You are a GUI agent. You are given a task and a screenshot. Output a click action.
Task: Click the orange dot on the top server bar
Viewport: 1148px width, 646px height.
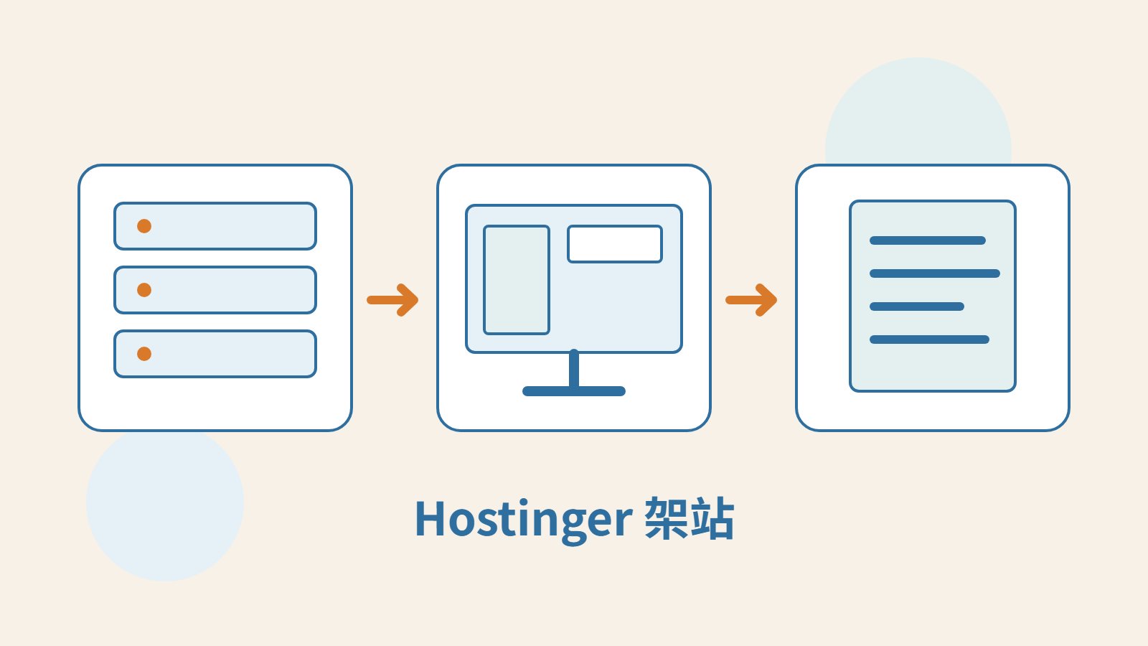[144, 226]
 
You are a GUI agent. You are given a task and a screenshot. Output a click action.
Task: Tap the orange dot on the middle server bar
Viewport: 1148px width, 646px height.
[144, 290]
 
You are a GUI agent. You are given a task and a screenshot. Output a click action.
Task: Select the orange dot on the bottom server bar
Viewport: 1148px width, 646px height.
[144, 354]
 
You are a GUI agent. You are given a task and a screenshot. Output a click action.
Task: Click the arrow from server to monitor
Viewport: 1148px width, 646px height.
[392, 300]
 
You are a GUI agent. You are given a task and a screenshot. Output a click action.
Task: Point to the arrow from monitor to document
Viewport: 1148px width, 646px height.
[751, 300]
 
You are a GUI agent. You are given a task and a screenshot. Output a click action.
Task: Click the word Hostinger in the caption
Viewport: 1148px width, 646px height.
[523, 520]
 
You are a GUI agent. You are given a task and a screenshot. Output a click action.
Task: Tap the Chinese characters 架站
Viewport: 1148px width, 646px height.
[690, 518]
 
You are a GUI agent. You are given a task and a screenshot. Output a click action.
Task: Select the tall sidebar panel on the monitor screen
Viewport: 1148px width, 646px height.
[517, 280]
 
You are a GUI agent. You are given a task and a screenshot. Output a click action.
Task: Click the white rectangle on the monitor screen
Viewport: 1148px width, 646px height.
[615, 244]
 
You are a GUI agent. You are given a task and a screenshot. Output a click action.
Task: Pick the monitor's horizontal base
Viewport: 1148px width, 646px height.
[574, 391]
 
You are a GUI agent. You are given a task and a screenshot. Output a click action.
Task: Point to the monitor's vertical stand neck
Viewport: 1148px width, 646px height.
[574, 368]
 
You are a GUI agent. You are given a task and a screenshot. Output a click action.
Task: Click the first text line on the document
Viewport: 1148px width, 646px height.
[928, 240]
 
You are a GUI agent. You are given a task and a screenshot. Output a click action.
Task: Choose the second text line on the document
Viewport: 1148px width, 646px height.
[935, 273]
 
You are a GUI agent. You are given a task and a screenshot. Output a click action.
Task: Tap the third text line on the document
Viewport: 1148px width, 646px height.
[917, 306]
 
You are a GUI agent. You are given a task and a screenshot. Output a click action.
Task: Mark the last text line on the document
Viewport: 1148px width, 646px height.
[930, 340]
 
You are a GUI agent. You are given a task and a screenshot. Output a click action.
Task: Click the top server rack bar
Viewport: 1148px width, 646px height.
[215, 226]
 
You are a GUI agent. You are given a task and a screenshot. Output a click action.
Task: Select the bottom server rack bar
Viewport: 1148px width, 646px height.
[215, 354]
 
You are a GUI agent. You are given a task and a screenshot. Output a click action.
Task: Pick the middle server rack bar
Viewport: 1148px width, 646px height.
[215, 290]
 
